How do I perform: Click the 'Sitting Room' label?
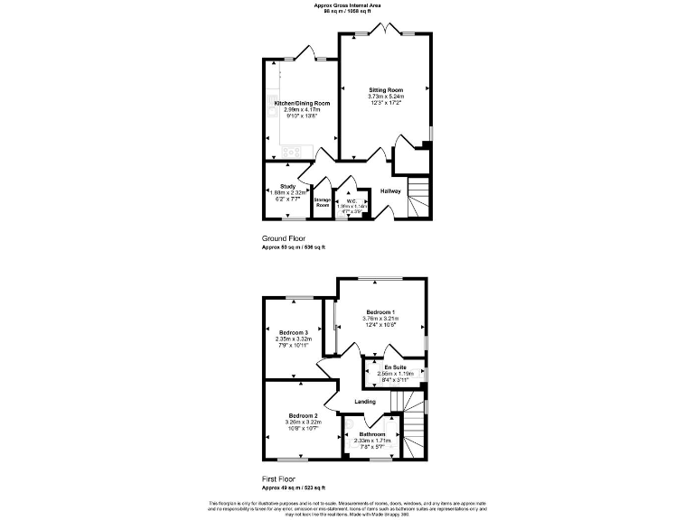click(x=386, y=90)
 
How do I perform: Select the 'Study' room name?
click(x=288, y=186)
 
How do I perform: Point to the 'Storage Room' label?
click(x=323, y=202)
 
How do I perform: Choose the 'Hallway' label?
click(x=390, y=191)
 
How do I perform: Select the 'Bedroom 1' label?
click(x=380, y=311)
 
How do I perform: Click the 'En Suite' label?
click(x=394, y=367)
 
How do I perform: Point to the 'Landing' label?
click(x=365, y=402)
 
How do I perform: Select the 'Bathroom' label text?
click(x=372, y=434)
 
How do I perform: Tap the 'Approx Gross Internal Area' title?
click(x=347, y=5)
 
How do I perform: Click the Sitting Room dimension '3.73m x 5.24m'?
click(x=386, y=97)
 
